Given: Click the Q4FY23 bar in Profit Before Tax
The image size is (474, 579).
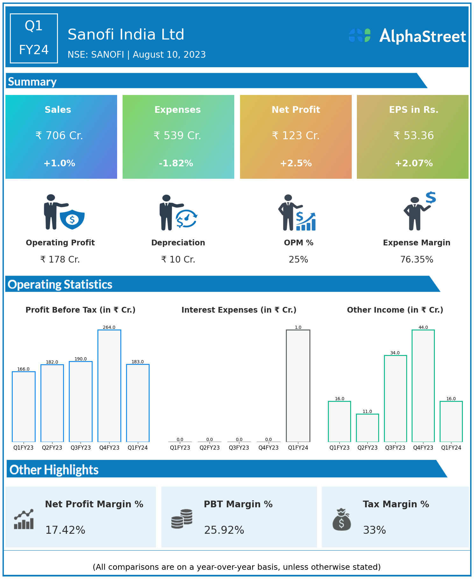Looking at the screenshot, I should (x=109, y=386).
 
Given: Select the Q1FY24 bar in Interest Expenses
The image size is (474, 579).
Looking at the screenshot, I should (x=298, y=386).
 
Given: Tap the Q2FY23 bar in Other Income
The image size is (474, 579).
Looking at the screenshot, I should (x=367, y=428).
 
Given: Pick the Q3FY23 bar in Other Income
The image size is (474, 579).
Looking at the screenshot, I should (x=395, y=398).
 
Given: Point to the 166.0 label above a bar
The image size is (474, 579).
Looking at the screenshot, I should (x=23, y=369).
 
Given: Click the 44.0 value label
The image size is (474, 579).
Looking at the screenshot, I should (x=423, y=327).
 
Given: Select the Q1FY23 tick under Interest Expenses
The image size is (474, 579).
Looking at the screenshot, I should (x=180, y=448).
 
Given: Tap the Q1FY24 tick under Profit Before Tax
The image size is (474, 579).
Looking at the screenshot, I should (x=138, y=448).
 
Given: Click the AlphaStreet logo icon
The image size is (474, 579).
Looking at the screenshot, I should (x=360, y=35).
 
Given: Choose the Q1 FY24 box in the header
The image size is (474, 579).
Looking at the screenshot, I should (x=34, y=38).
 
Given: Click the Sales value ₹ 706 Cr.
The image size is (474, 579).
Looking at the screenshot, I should (x=59, y=136).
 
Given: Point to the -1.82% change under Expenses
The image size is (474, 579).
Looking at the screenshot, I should (x=176, y=163).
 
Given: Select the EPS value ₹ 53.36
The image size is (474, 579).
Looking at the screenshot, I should (x=414, y=136).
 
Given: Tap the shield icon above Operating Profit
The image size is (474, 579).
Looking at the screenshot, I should (x=72, y=219).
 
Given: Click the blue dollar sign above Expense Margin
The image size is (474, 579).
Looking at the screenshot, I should (x=431, y=198).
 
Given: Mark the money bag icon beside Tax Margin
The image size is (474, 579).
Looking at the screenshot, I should (x=342, y=520).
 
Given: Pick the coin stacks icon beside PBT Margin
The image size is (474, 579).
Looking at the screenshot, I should (x=182, y=519).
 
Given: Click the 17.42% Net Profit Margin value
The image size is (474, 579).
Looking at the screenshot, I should (x=65, y=530).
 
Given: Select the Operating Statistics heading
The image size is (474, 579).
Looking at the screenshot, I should (x=60, y=284).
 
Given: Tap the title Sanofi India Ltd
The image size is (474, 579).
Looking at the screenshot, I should (x=126, y=34).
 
